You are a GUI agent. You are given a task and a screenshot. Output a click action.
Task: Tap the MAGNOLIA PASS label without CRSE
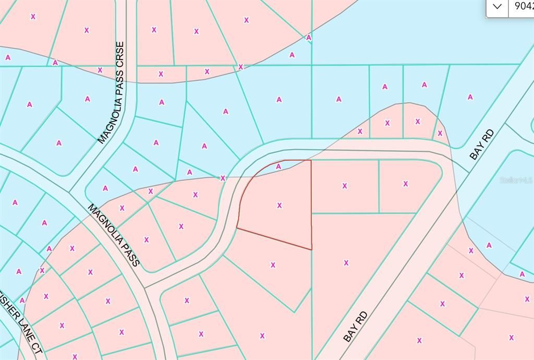(x=114, y=235)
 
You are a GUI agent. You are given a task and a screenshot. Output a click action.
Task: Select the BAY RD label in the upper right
(x=481, y=145)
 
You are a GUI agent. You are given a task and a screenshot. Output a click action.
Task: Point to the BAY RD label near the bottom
(x=356, y=326)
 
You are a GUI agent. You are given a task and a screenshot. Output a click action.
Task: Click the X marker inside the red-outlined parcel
(x=280, y=206)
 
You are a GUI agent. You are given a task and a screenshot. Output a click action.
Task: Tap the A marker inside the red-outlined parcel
(x=278, y=166)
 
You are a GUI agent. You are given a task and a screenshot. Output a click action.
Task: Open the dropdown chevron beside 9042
(x=497, y=7)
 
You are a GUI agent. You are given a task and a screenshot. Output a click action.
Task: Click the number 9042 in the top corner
(x=524, y=7)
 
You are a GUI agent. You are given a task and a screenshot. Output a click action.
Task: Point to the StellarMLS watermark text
(x=516, y=180)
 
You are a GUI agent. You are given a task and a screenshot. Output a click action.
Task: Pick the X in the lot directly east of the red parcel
(x=345, y=186)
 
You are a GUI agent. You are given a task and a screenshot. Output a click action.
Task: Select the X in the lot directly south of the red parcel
(x=273, y=265)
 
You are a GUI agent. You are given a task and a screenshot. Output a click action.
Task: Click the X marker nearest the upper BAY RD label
(x=440, y=134)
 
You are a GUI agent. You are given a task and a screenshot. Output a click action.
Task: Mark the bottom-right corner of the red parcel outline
(x=312, y=249)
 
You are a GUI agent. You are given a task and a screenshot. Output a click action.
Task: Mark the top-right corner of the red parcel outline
(x=311, y=160)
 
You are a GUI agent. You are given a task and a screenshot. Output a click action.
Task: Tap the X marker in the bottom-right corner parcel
(x=512, y=338)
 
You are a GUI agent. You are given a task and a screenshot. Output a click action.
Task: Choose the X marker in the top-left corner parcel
(x=33, y=17)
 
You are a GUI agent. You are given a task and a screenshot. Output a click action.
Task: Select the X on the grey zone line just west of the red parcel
(x=223, y=178)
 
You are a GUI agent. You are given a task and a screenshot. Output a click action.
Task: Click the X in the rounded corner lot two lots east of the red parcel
(x=405, y=184)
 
